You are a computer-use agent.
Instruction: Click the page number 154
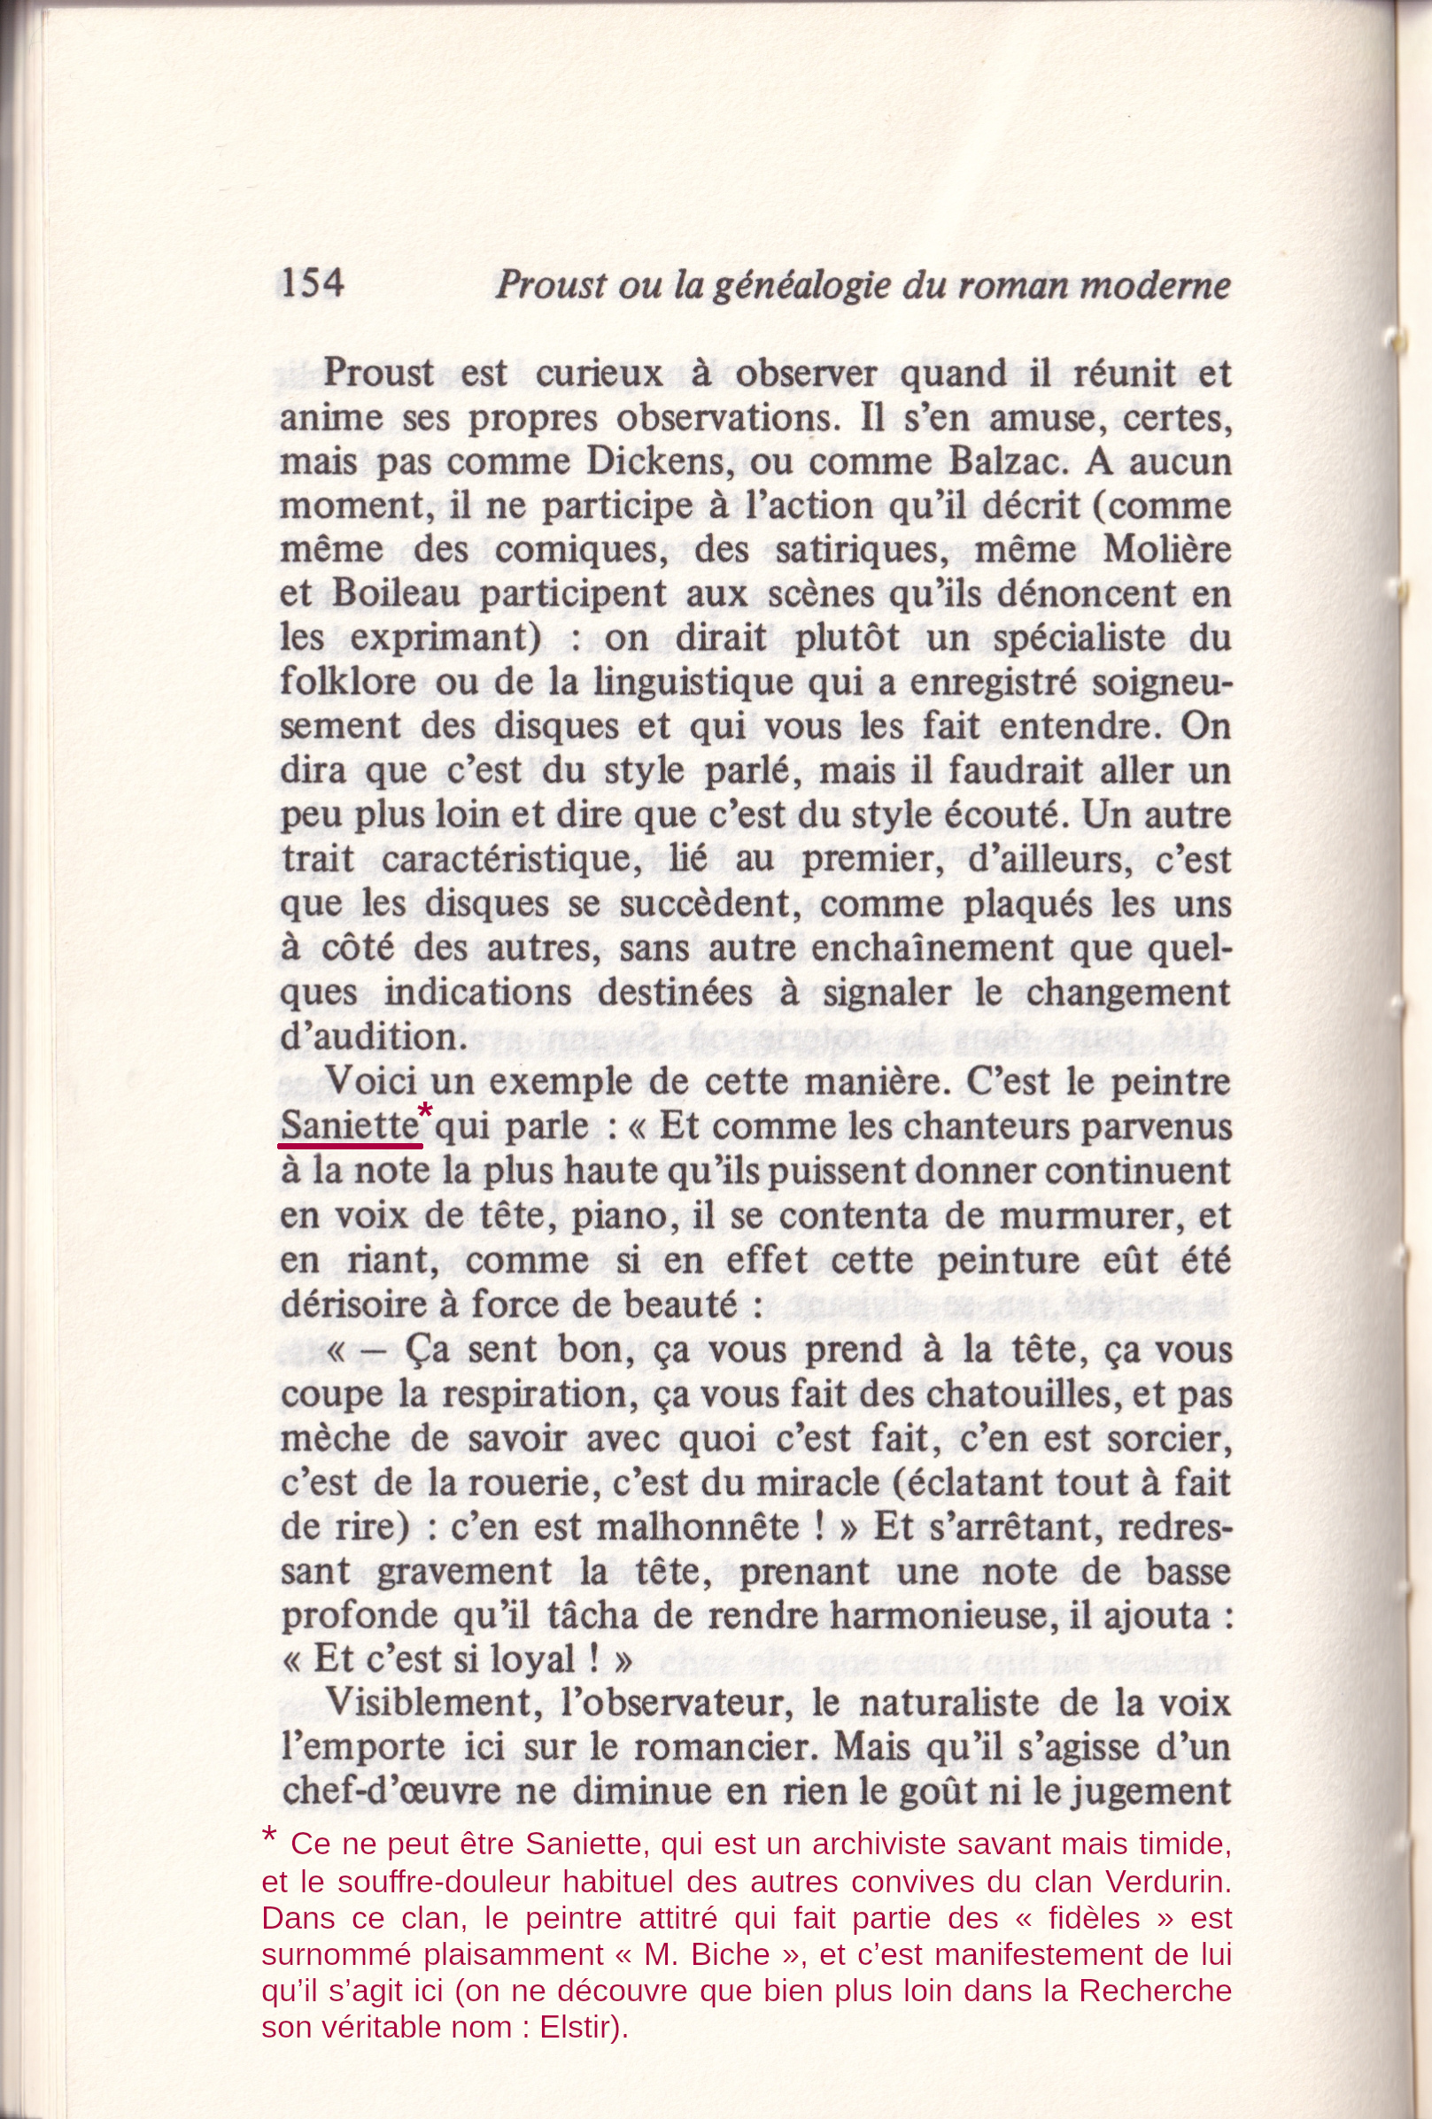click(312, 283)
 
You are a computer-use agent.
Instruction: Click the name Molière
click(1166, 550)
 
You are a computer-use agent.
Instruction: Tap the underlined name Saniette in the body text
click(348, 1125)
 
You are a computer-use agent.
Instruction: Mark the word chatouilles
click(1033, 1394)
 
